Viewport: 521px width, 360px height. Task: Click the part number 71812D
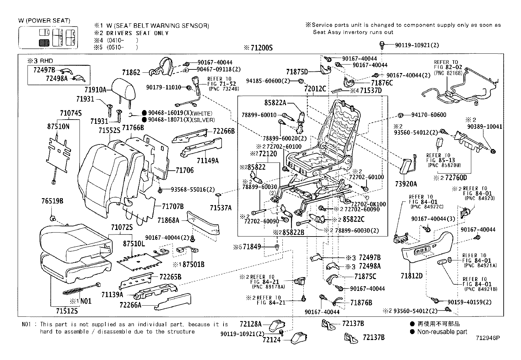click(411, 275)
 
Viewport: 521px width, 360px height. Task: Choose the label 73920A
click(406, 184)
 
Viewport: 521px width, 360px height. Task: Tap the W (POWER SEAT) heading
click(44, 21)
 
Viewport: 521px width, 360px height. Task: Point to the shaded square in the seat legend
click(44, 43)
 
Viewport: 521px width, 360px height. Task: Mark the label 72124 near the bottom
click(271, 340)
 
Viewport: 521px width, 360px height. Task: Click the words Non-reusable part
click(442, 332)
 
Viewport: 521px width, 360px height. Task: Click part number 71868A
click(168, 220)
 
